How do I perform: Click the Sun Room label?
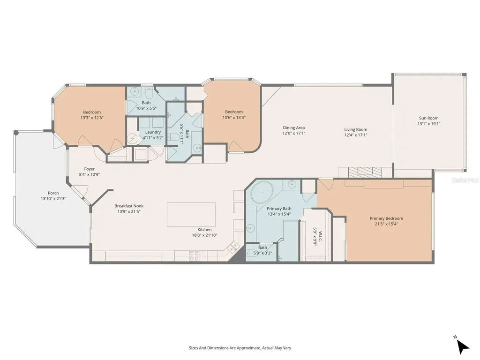point(428,118)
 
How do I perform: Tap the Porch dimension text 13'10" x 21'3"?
point(53,198)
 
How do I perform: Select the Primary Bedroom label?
point(386,218)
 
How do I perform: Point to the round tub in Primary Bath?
point(260,193)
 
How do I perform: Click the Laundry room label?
point(153,132)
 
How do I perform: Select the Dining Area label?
point(293,127)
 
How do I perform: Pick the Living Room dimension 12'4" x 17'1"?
point(355,135)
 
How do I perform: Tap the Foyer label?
point(89,169)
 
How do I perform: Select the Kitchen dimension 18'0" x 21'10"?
point(204,235)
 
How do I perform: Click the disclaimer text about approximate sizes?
point(240,348)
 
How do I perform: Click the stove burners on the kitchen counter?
point(194,255)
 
